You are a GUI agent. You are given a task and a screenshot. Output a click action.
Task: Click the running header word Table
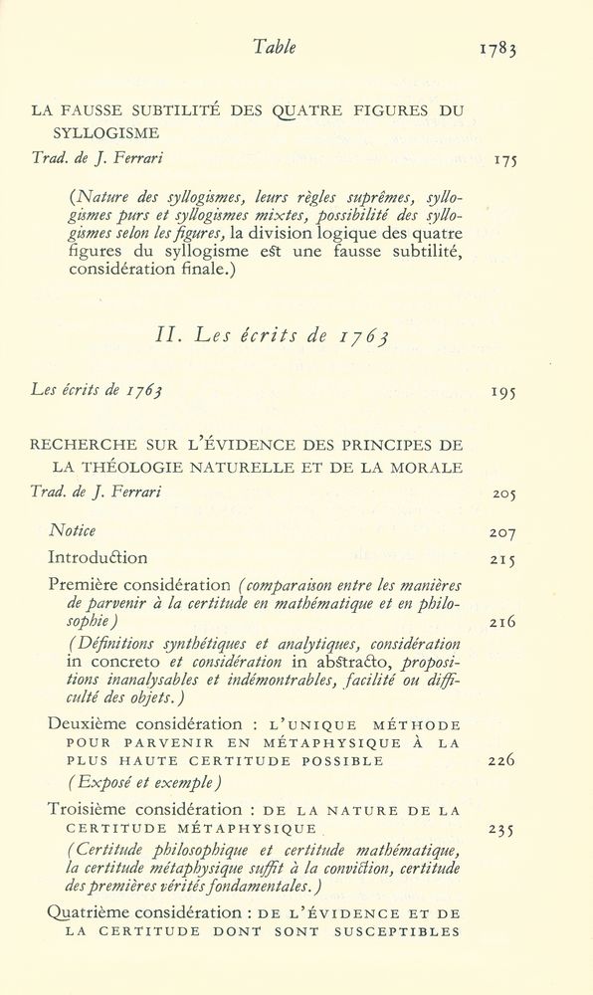[274, 47]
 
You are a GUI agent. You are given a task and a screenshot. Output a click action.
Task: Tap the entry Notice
[72, 532]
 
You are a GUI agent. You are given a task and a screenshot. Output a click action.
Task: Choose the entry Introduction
[98, 558]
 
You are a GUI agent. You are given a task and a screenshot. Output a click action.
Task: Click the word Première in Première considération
[81, 584]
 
